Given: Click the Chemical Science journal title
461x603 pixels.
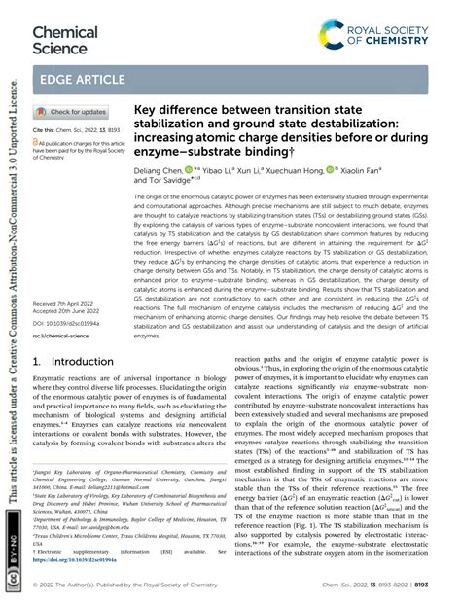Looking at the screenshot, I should (x=65, y=40).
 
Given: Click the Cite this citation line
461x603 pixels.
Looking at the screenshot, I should (x=72, y=129).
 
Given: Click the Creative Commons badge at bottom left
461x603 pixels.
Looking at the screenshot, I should (x=13, y=574).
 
